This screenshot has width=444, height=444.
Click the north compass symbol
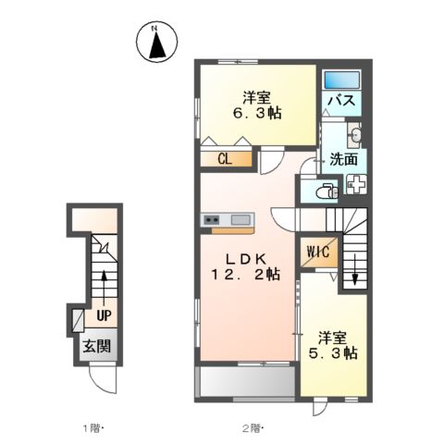pos(156,41)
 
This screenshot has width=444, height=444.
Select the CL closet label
pos(225,158)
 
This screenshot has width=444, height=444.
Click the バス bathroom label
pos(346,100)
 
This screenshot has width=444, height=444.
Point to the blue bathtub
pos(345,78)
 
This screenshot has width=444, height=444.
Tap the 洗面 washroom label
pos(343,159)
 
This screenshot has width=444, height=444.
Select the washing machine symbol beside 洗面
pos(355,183)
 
